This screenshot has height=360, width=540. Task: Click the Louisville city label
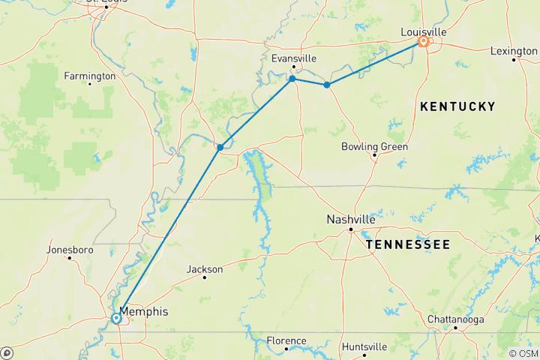pos(424,31)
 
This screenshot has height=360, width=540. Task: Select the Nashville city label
pos(350,220)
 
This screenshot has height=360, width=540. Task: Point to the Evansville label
pos(293,58)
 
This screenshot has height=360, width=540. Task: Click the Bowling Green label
pos(374,146)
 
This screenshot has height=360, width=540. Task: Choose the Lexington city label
pos(514,50)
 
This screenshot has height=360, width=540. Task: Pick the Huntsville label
pos(364,346)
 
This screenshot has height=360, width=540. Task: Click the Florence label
pos(286,340)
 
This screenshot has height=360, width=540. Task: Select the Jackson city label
pos(205,269)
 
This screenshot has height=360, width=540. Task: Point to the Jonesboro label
pos(68,249)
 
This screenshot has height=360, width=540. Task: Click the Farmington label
pos(90,76)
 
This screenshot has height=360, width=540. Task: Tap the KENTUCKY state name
pos(457,107)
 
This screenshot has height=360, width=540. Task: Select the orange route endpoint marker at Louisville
pos(424,43)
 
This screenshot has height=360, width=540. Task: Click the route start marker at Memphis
pos(117,319)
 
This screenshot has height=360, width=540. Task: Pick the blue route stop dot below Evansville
pos(292,79)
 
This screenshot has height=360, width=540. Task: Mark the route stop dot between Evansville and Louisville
pos(326,85)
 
